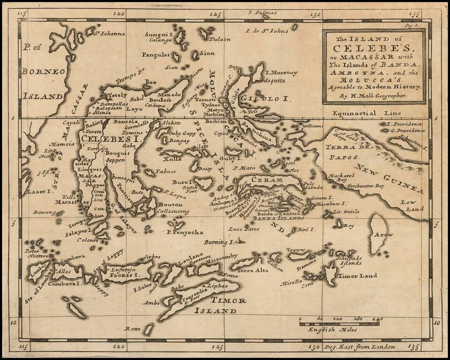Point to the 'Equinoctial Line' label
366,113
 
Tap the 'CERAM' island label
268,180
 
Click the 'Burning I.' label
218,242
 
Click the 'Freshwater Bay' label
366,186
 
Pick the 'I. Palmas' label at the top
263,13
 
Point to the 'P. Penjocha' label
184,232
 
